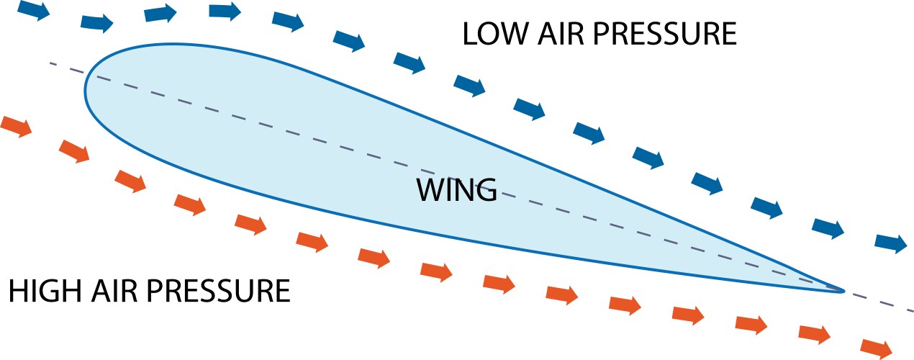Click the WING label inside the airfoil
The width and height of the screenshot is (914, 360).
tap(456, 191)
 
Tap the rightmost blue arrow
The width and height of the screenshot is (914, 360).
tap(892, 243)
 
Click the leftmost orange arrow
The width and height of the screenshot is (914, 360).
tap(17, 126)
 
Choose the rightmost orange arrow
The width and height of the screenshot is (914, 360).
tap(877, 348)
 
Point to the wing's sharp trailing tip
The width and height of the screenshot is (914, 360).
tap(843, 290)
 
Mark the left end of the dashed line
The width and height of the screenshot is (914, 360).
tap(50, 63)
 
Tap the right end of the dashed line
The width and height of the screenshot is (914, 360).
tap(912, 311)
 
